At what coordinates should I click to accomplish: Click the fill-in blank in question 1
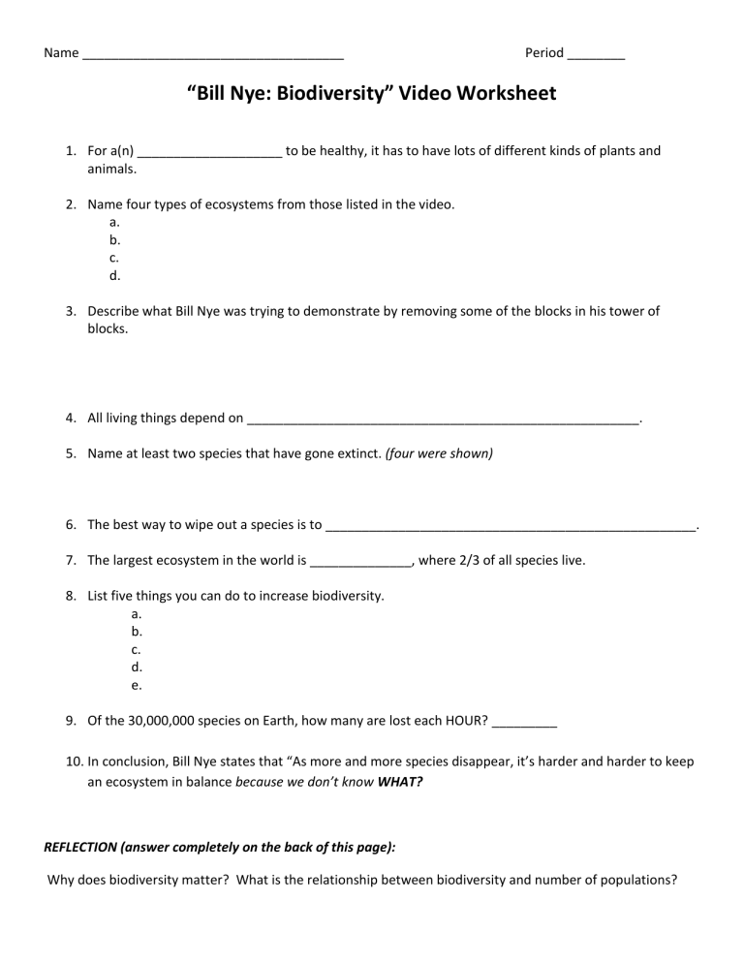210,152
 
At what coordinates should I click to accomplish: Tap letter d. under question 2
115,275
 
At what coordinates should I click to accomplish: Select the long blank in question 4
444,420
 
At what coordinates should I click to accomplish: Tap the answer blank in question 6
511,526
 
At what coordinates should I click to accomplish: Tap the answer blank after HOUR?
524,722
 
